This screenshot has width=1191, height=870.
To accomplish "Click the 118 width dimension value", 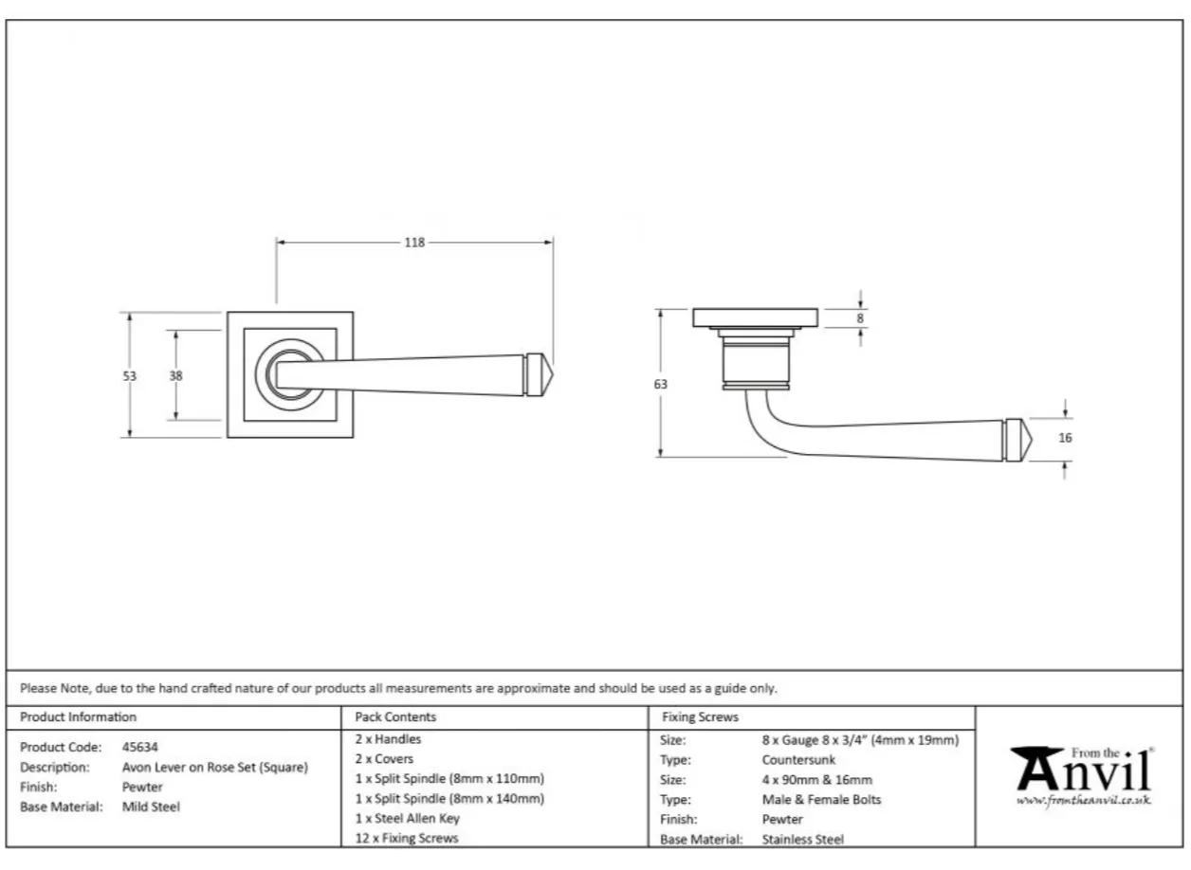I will (x=414, y=243).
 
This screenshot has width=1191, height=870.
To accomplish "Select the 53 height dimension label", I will (x=129, y=375).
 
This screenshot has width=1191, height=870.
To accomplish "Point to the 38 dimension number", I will (x=175, y=375).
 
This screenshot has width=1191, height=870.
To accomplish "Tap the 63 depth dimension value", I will (x=660, y=384).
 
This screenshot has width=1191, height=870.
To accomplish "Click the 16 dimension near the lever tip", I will (x=1065, y=438).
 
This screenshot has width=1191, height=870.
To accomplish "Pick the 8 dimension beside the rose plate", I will (x=860, y=318).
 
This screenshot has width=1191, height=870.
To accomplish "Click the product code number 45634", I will (x=140, y=747).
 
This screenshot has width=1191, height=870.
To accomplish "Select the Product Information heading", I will (x=78, y=717).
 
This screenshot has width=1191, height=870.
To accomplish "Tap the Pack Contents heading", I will (x=395, y=717).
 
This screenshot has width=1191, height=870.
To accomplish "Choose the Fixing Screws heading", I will (x=700, y=717).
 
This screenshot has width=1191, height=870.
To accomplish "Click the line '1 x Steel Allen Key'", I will (x=407, y=818).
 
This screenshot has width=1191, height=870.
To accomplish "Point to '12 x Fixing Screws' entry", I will (x=406, y=838).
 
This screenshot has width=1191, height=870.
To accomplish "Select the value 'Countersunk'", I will (x=798, y=759).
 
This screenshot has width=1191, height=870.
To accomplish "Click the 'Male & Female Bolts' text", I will (x=821, y=799).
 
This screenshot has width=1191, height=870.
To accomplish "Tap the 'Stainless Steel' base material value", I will (x=802, y=839).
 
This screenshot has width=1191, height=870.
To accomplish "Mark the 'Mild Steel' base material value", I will (x=151, y=807).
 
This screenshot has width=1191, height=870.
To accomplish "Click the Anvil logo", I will (x=1081, y=770).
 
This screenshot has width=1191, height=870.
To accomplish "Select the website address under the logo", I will (x=1083, y=801).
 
